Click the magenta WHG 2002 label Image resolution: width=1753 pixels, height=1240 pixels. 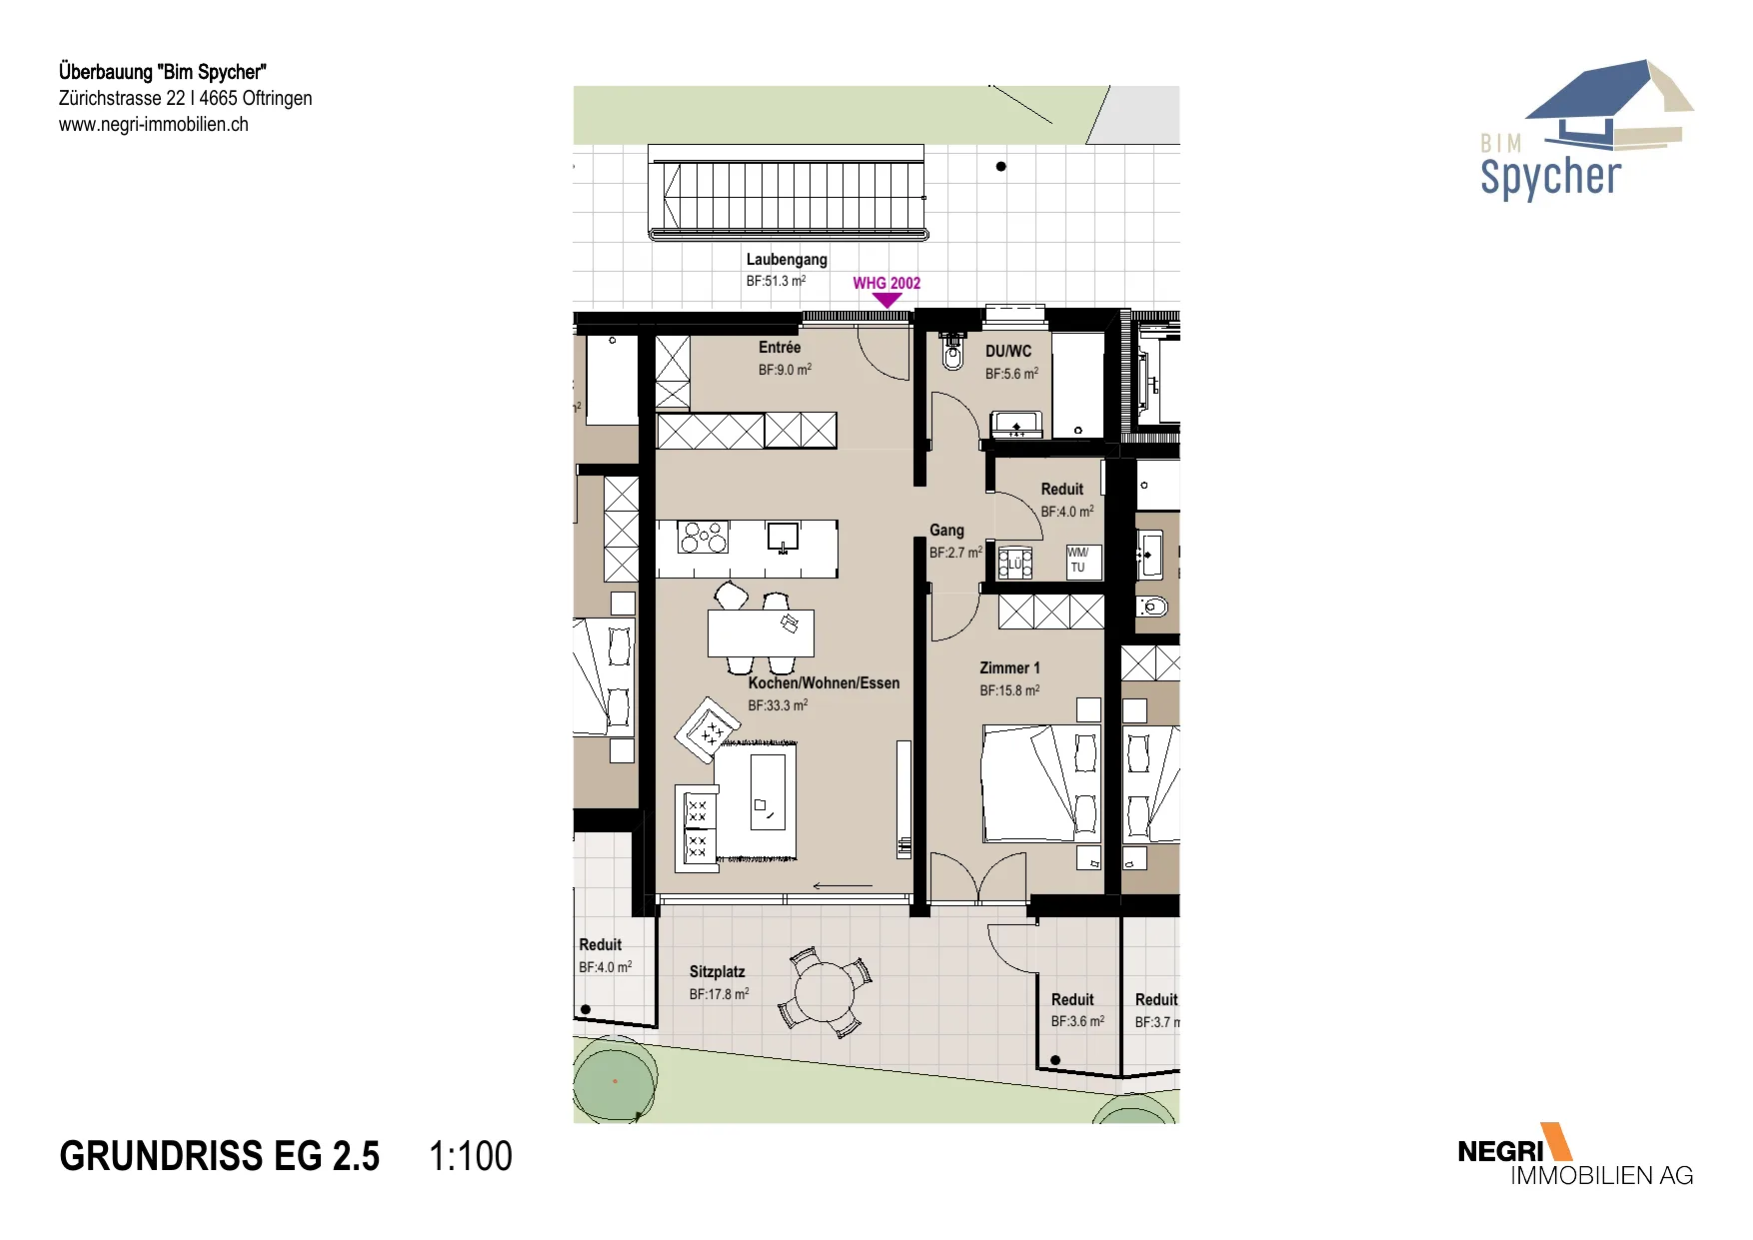point(886,283)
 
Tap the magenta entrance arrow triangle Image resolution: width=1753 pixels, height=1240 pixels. point(886,300)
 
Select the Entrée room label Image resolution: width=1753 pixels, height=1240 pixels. point(780,348)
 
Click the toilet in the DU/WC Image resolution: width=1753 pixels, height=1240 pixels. point(952,353)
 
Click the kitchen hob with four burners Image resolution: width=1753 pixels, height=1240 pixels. point(704,537)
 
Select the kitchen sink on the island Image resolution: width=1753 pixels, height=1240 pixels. point(783,537)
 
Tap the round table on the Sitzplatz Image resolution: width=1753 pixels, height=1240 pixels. point(825,992)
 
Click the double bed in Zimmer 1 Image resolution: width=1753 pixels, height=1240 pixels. point(1040,783)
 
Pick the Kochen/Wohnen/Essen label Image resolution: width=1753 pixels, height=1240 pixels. point(824,683)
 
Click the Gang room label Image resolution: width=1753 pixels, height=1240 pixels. point(946,531)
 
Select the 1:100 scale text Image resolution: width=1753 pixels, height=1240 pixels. point(470,1156)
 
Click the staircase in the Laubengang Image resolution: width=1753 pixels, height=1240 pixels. point(787,194)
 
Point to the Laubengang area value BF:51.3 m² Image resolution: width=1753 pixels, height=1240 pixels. point(776,282)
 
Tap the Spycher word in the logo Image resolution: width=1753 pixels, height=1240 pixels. point(1550,178)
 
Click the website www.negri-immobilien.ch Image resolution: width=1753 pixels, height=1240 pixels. point(154,125)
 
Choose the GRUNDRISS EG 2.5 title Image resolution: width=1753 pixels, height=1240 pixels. point(220,1156)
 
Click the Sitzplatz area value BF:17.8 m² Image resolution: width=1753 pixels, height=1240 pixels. point(719,994)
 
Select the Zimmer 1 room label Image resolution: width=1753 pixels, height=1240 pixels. point(1009,668)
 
